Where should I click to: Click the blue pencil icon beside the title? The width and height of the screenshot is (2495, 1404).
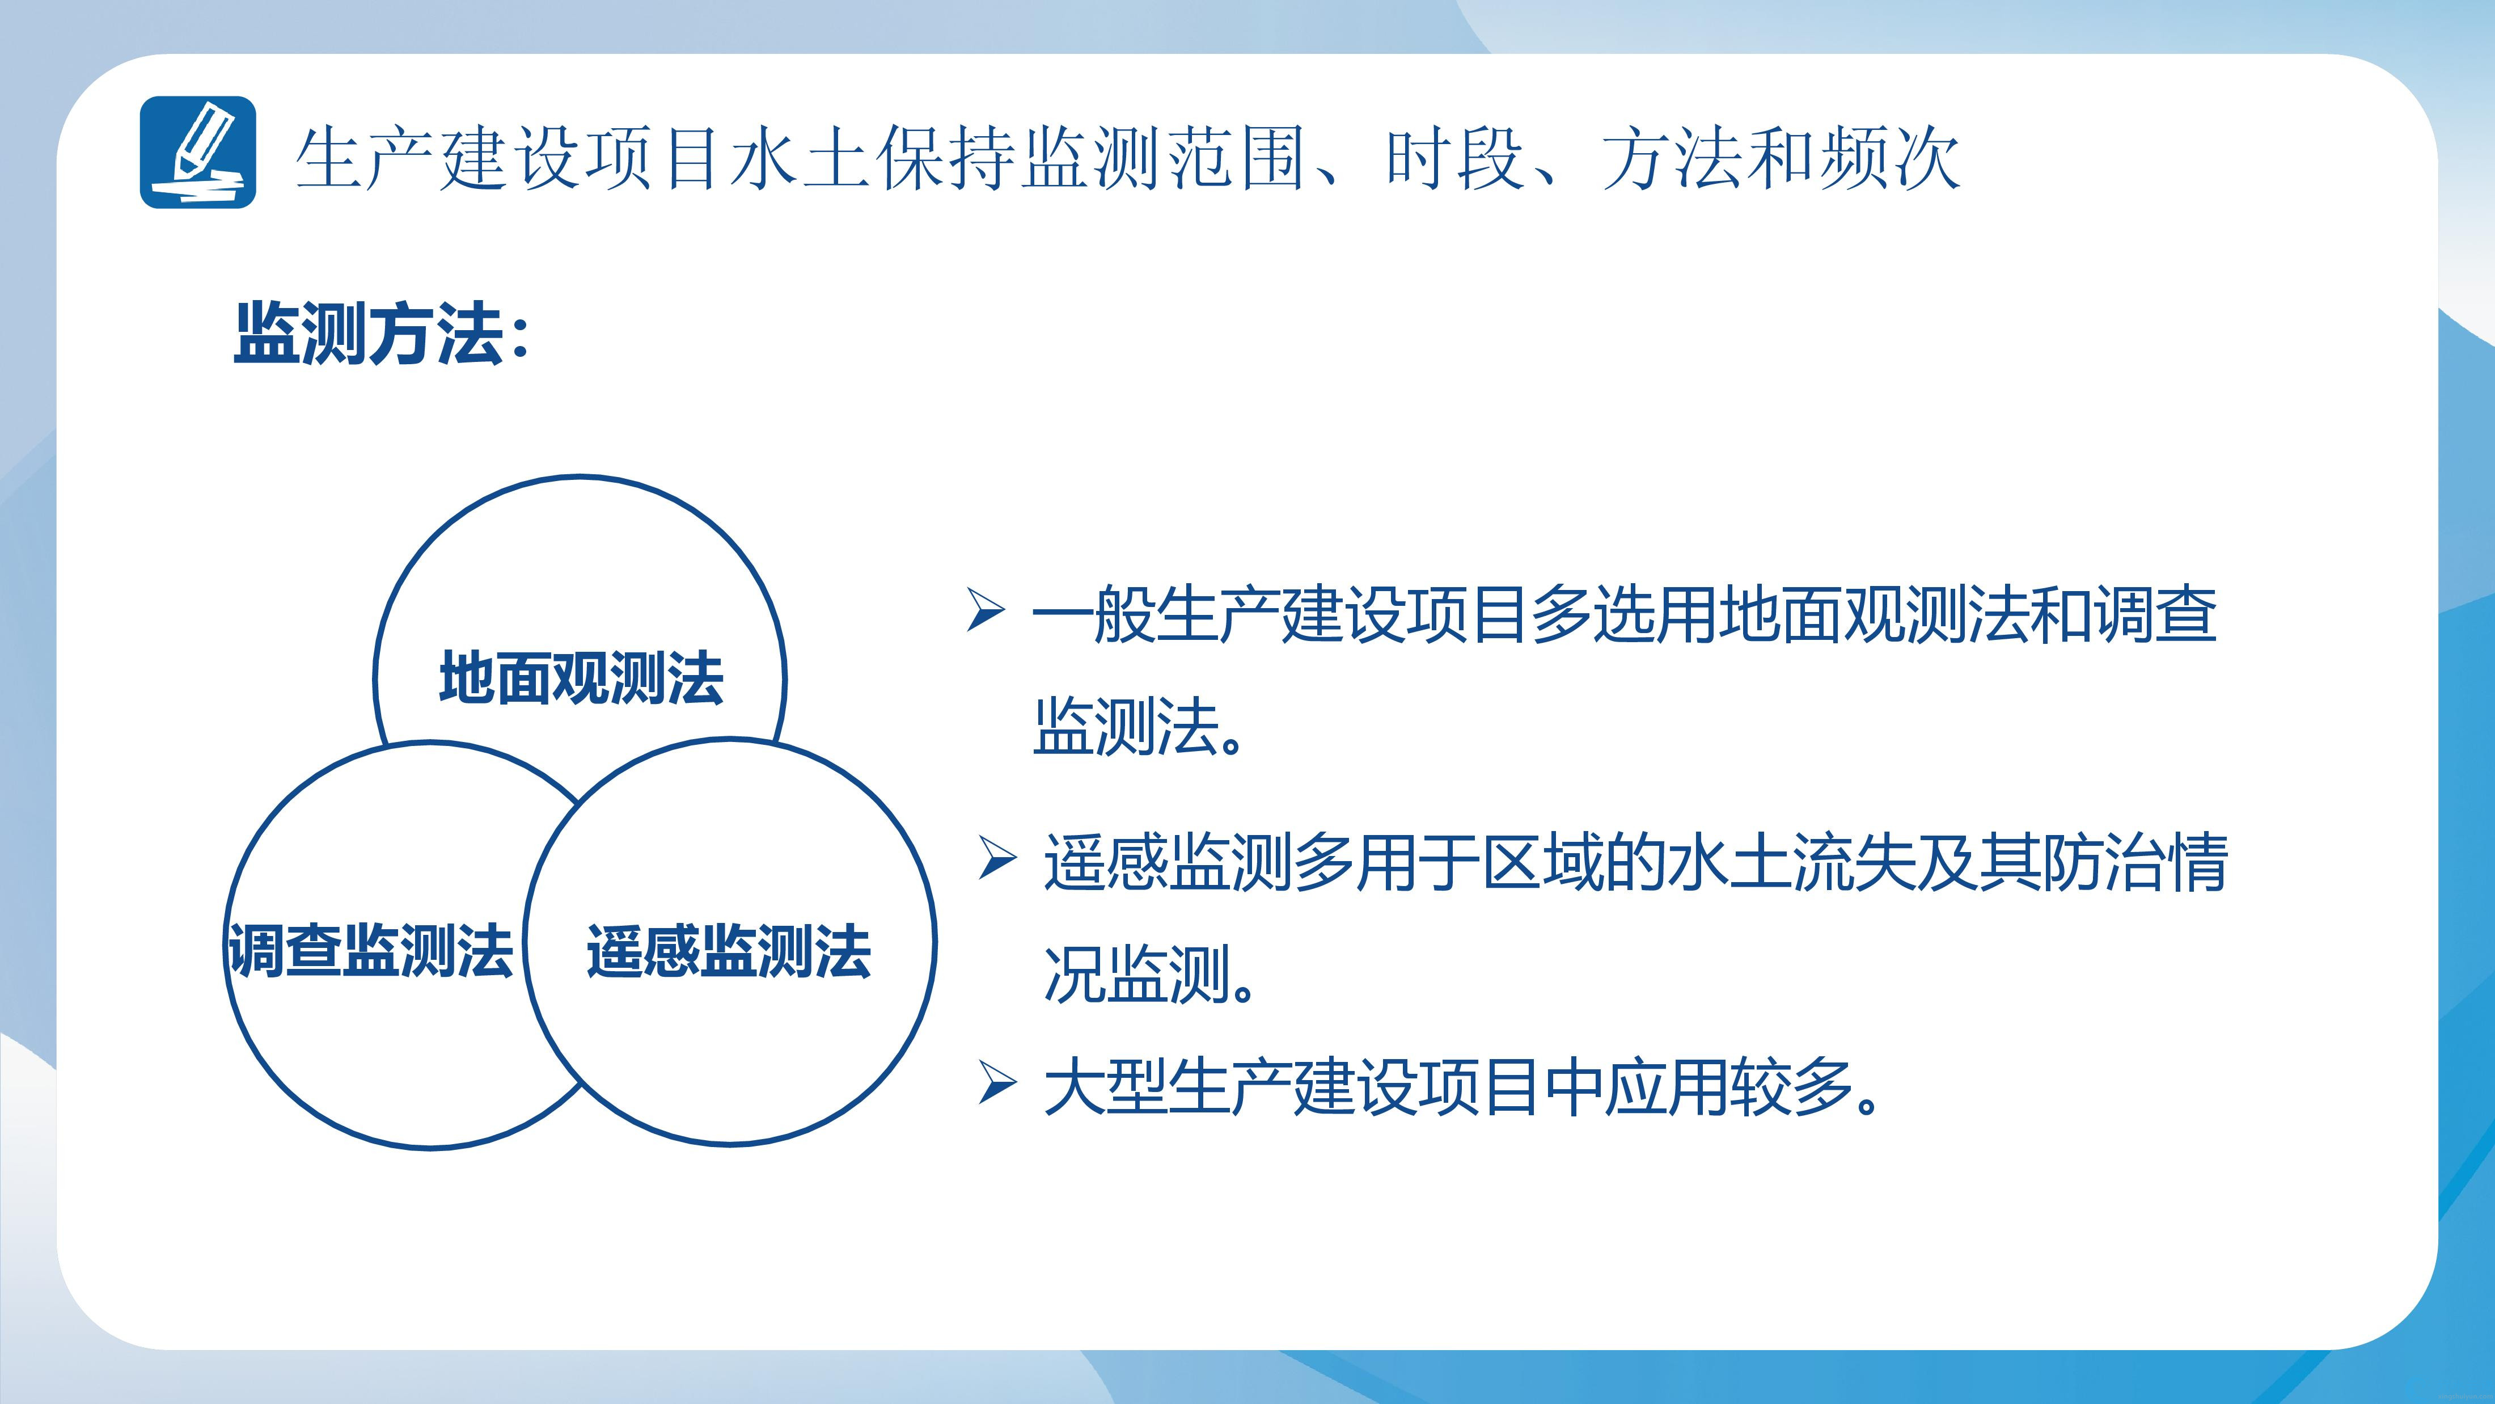(197, 152)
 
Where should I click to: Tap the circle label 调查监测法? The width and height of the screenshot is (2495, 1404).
(370, 951)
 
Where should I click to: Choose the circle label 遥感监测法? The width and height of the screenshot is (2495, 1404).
(728, 951)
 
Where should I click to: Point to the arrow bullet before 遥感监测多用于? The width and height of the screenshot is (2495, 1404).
(997, 858)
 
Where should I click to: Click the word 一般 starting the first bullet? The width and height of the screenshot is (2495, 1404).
(1093, 614)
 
